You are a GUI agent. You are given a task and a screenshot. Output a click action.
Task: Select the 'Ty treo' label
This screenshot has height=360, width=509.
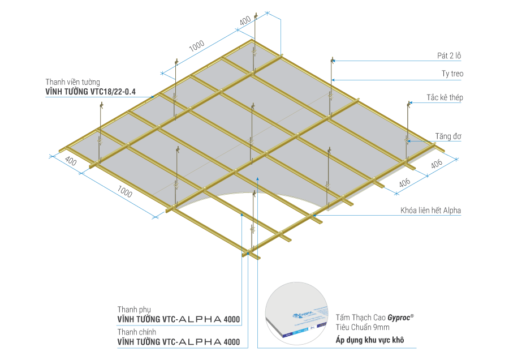453,74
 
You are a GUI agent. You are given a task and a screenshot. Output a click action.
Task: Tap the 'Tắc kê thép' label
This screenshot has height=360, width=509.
445,97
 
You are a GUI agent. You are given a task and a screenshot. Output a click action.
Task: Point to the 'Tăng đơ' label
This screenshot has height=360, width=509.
447,136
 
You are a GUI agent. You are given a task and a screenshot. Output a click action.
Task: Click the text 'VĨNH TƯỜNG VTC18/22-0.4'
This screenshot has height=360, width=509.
90,91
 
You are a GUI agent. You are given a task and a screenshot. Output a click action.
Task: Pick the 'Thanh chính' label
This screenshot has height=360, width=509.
133,332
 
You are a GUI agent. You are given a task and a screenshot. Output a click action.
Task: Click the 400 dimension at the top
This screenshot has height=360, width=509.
245,21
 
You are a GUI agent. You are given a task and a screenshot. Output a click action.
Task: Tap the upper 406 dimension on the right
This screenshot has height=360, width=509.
437,164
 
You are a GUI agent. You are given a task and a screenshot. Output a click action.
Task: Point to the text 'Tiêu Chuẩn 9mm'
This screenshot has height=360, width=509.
363,328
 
